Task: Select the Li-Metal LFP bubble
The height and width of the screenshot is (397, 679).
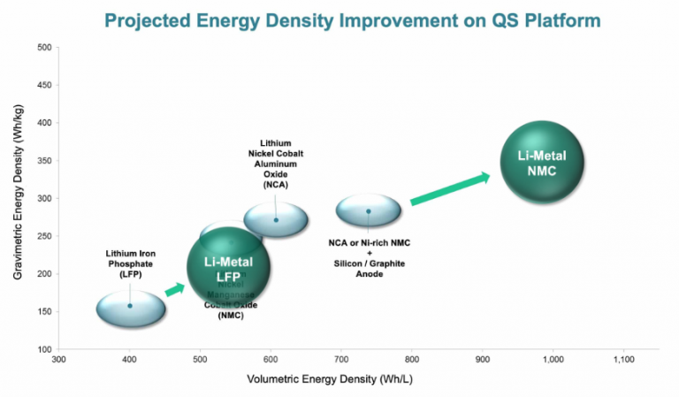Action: (x=228, y=268)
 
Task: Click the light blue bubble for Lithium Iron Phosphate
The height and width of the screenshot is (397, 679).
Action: (x=131, y=306)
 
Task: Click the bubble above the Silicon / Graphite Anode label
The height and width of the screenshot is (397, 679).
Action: (x=369, y=211)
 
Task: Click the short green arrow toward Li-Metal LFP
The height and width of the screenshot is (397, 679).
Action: (x=174, y=288)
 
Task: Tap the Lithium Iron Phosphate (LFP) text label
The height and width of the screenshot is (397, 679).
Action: (x=130, y=263)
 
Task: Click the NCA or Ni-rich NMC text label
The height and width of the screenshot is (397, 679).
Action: (x=370, y=241)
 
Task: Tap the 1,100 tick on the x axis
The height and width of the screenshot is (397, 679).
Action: (x=623, y=360)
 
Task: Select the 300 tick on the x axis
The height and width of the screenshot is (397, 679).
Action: (x=59, y=360)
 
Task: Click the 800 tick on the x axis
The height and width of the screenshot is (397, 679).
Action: (x=412, y=360)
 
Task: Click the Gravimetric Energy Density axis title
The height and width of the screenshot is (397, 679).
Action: (x=18, y=199)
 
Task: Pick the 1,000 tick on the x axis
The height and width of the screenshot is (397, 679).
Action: (x=553, y=360)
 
